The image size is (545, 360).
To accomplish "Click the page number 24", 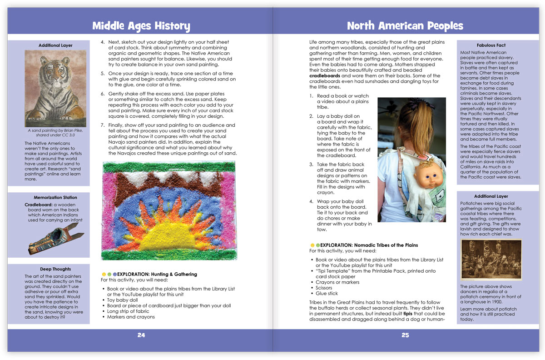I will click(141, 335).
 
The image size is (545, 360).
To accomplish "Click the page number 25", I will click(405, 335).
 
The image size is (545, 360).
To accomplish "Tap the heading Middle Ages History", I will click(141, 25).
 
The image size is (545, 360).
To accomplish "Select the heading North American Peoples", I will click(405, 25).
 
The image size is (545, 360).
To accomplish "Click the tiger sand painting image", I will click(55, 88).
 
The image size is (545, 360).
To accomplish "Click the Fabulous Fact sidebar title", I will click(491, 45).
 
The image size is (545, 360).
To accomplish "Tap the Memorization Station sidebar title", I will click(55, 198).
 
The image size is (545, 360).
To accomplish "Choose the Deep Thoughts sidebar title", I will click(55, 269).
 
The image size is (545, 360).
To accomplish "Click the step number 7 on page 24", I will click(103, 125).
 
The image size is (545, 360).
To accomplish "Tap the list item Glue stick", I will click(327, 293).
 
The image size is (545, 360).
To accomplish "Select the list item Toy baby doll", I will click(123, 300).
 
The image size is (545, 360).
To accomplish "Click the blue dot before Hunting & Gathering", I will click(115, 274).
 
